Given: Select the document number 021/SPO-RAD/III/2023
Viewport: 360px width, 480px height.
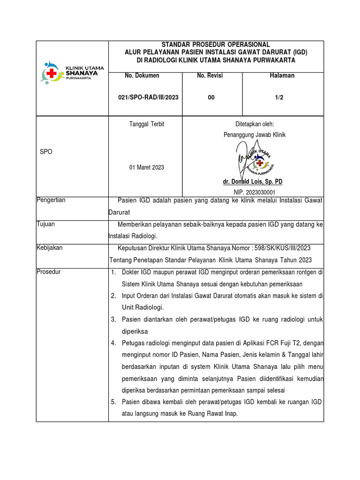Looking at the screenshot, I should click(x=145, y=97).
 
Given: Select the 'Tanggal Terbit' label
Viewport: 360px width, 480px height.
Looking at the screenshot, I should click(x=146, y=124).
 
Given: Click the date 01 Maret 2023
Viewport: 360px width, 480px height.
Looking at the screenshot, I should click(x=147, y=167).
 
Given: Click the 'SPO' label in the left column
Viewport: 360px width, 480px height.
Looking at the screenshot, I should click(x=46, y=152).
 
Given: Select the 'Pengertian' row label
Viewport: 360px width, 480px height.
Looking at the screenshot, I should click(x=51, y=200).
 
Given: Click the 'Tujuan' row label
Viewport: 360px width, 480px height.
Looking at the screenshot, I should click(x=46, y=224).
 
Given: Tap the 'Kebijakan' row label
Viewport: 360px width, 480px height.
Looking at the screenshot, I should click(x=50, y=247).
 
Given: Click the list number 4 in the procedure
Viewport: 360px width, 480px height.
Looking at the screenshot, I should click(x=113, y=343).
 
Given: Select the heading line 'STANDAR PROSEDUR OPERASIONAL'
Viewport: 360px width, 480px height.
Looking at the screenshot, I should click(x=216, y=45).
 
